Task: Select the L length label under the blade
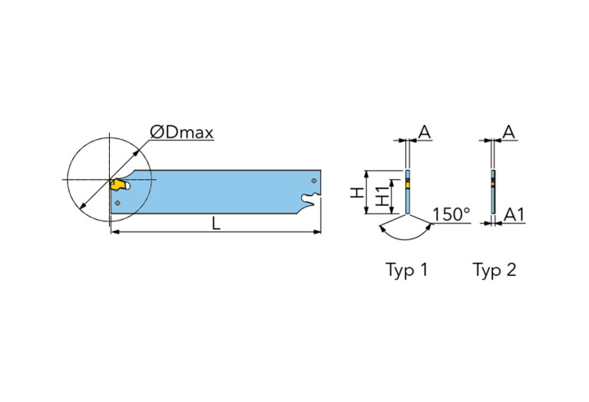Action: coord(217,223)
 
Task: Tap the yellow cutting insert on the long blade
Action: coord(117,184)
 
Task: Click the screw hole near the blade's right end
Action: coord(313,180)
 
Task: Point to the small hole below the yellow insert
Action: coord(117,202)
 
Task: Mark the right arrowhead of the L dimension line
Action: coord(317,231)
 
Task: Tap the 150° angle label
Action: coord(451,214)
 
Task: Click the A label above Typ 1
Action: coord(424,131)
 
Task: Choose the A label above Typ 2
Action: coord(508,131)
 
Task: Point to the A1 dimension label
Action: coord(513,215)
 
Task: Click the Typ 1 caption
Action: coord(406,270)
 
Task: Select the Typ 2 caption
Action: coord(494,270)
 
